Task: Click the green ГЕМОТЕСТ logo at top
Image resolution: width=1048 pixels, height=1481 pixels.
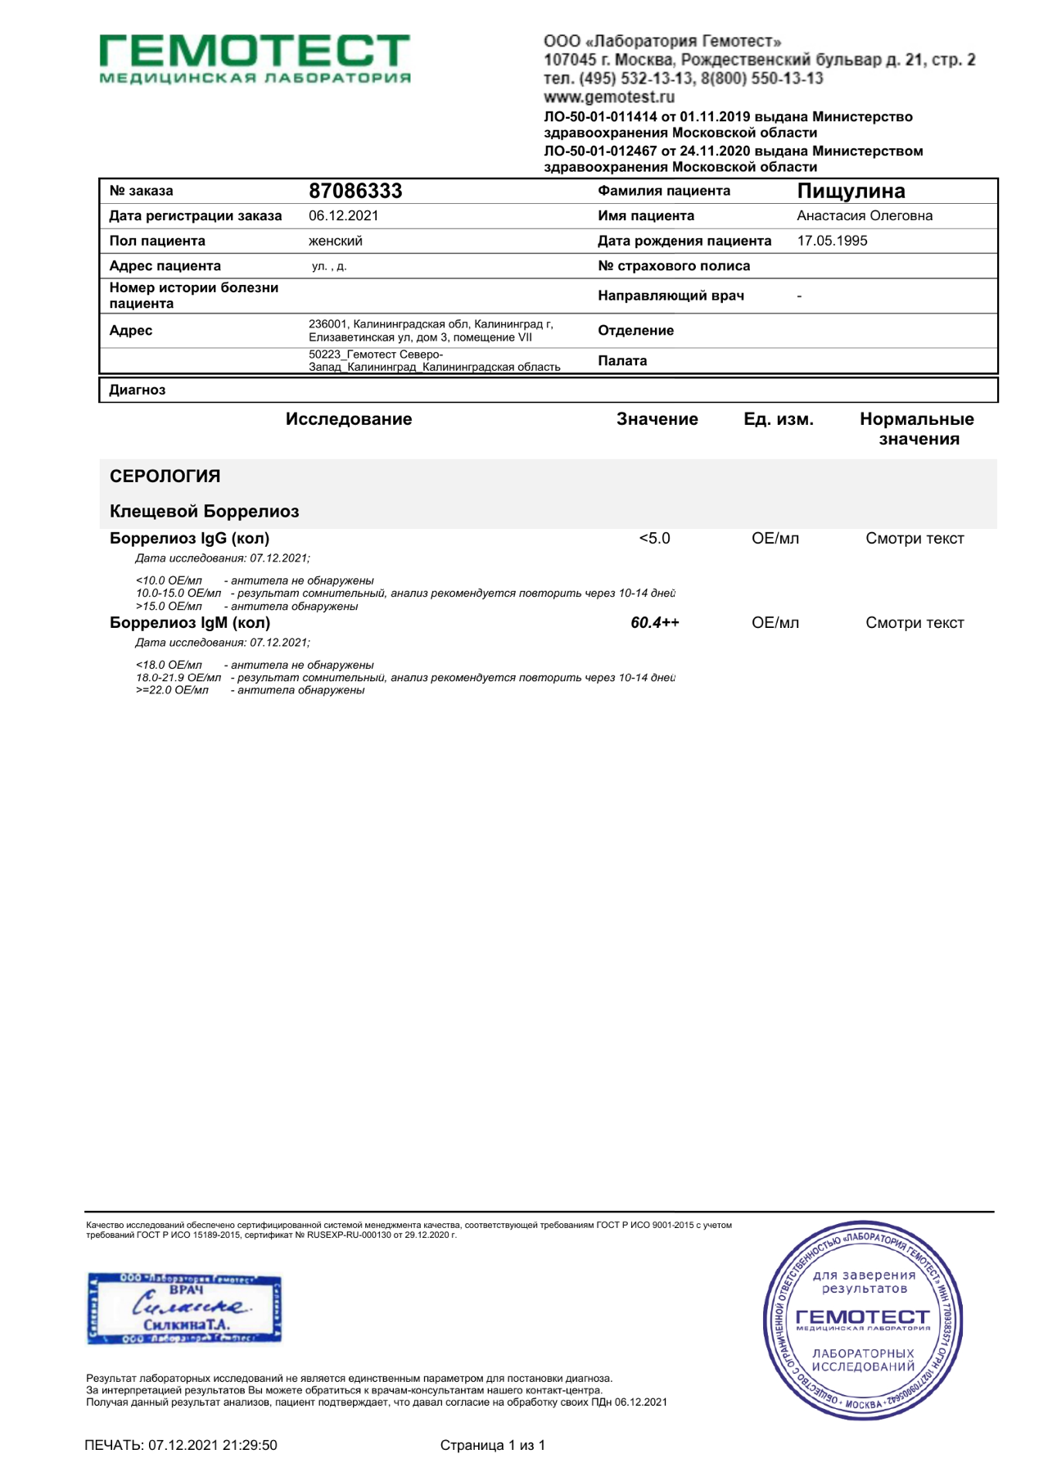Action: click(x=255, y=57)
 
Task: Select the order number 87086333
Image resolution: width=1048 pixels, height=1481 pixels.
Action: click(x=355, y=191)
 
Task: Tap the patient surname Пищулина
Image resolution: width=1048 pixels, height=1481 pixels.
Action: click(x=851, y=191)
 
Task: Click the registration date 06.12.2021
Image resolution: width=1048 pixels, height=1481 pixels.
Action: click(x=343, y=216)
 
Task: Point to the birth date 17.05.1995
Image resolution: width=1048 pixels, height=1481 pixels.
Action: click(x=832, y=241)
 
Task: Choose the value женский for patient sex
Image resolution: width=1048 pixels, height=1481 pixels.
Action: click(x=335, y=241)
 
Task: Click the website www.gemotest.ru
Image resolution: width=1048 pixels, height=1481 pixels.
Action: click(x=609, y=97)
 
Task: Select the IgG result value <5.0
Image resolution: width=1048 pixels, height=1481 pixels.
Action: click(x=654, y=539)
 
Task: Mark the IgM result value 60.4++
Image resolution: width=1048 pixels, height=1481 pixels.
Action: click(x=654, y=623)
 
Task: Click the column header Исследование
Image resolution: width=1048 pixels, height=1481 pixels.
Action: click(x=349, y=419)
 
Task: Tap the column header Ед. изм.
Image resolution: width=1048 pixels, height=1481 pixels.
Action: click(x=778, y=419)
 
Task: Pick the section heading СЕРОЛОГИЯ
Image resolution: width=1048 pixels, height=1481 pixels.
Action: click(x=165, y=476)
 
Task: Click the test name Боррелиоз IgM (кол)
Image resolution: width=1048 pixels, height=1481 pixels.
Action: click(x=190, y=623)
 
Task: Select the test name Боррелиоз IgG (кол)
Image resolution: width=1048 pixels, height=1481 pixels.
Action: click(x=189, y=539)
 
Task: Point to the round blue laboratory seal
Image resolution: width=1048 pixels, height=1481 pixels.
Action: click(x=862, y=1320)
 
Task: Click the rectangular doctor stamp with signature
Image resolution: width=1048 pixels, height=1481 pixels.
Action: click(x=184, y=1308)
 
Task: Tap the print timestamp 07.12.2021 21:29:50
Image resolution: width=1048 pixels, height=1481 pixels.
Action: click(x=212, y=1445)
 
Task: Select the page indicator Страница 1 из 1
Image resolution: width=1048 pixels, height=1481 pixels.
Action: click(x=492, y=1445)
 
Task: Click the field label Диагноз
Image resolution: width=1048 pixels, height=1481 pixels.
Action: click(x=138, y=390)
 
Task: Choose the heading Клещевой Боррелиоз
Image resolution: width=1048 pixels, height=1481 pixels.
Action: click(x=205, y=512)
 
